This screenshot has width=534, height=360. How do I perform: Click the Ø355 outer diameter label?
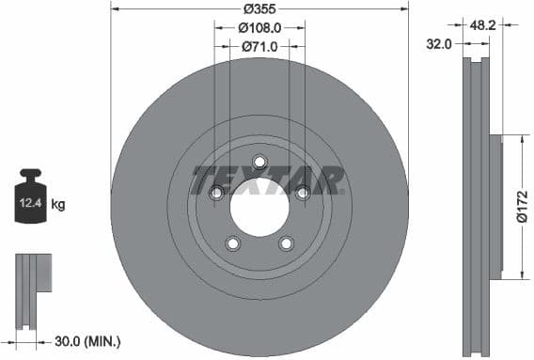(259, 8)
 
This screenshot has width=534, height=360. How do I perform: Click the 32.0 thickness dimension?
(440, 43)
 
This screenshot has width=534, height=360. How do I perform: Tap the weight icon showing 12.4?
(30, 196)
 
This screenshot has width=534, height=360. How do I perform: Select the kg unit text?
(57, 204)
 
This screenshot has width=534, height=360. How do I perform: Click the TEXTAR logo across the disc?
(267, 180)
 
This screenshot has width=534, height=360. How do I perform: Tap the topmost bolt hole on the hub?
(259, 161)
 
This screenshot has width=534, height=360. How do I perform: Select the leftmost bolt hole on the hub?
(216, 193)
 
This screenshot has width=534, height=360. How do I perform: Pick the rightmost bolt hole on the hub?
(303, 193)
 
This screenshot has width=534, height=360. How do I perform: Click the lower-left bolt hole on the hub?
(233, 243)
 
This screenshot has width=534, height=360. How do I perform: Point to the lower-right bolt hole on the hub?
(286, 243)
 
